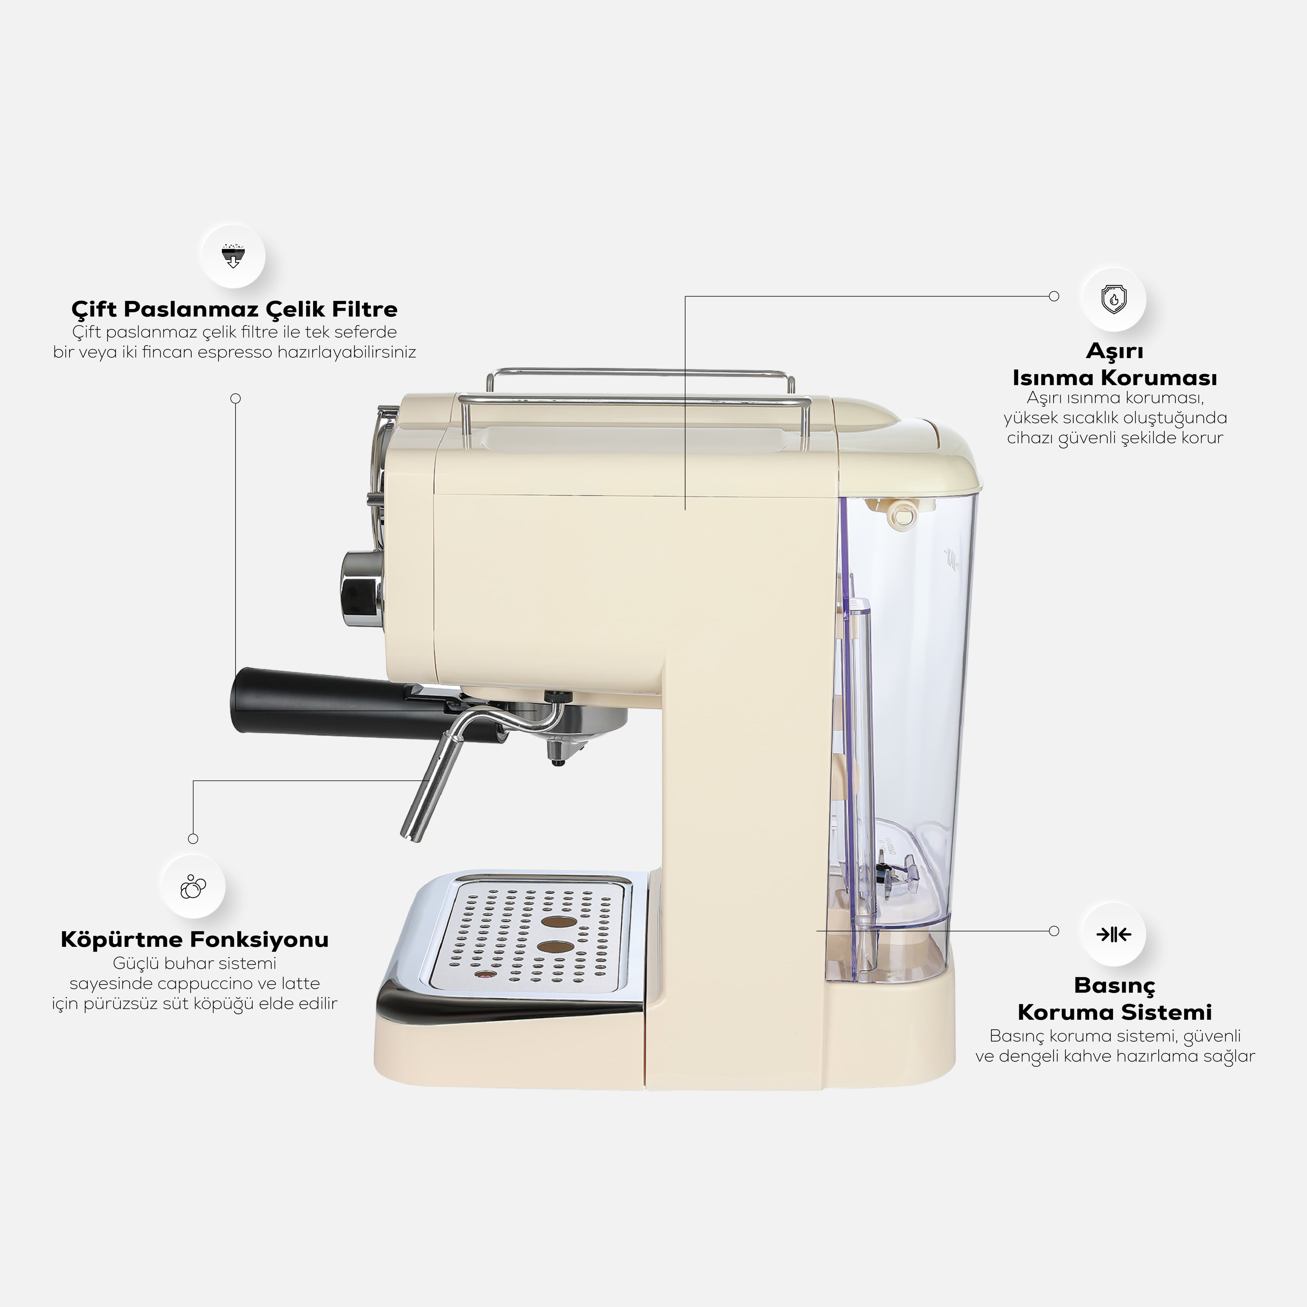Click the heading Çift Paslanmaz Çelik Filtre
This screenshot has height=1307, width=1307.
[234, 309]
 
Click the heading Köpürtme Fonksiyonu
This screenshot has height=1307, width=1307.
[195, 940]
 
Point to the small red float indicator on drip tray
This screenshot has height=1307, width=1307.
[483, 975]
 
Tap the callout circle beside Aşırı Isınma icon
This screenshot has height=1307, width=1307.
[1053, 296]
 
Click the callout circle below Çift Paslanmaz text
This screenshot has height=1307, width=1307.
[236, 399]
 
